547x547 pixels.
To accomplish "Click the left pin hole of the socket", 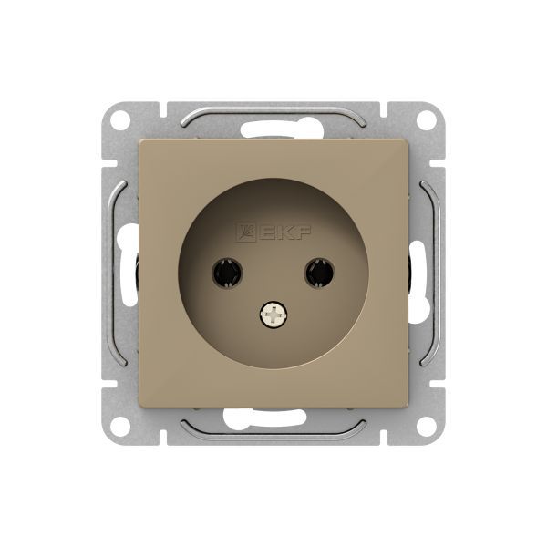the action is [227, 273].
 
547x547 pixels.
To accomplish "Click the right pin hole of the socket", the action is [320, 273].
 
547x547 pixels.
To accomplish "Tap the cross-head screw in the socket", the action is [273, 315].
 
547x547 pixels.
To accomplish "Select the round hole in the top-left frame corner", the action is [120, 120].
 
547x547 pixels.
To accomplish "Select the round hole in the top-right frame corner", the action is [426, 120].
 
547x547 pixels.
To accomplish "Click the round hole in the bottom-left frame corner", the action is [120, 426].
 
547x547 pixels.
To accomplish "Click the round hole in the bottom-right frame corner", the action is [426, 426].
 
